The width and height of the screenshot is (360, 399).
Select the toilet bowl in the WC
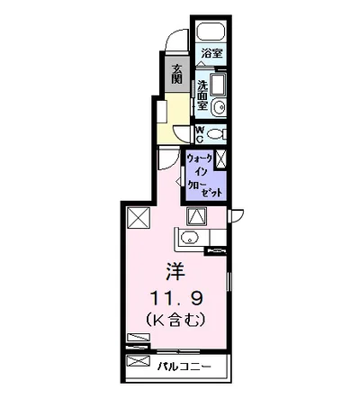(x=218, y=134)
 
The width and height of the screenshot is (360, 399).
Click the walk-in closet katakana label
(x=200, y=174)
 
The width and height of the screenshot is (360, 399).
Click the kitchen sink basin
(x=188, y=239)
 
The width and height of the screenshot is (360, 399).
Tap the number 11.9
(x=169, y=296)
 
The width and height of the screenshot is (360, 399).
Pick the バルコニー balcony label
(x=187, y=367)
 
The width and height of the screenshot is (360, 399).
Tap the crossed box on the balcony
(x=137, y=362)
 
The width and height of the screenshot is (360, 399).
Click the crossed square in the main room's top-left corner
(x=138, y=217)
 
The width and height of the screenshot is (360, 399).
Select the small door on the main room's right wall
(x=236, y=214)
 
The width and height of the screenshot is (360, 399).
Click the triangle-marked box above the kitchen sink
(x=197, y=216)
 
